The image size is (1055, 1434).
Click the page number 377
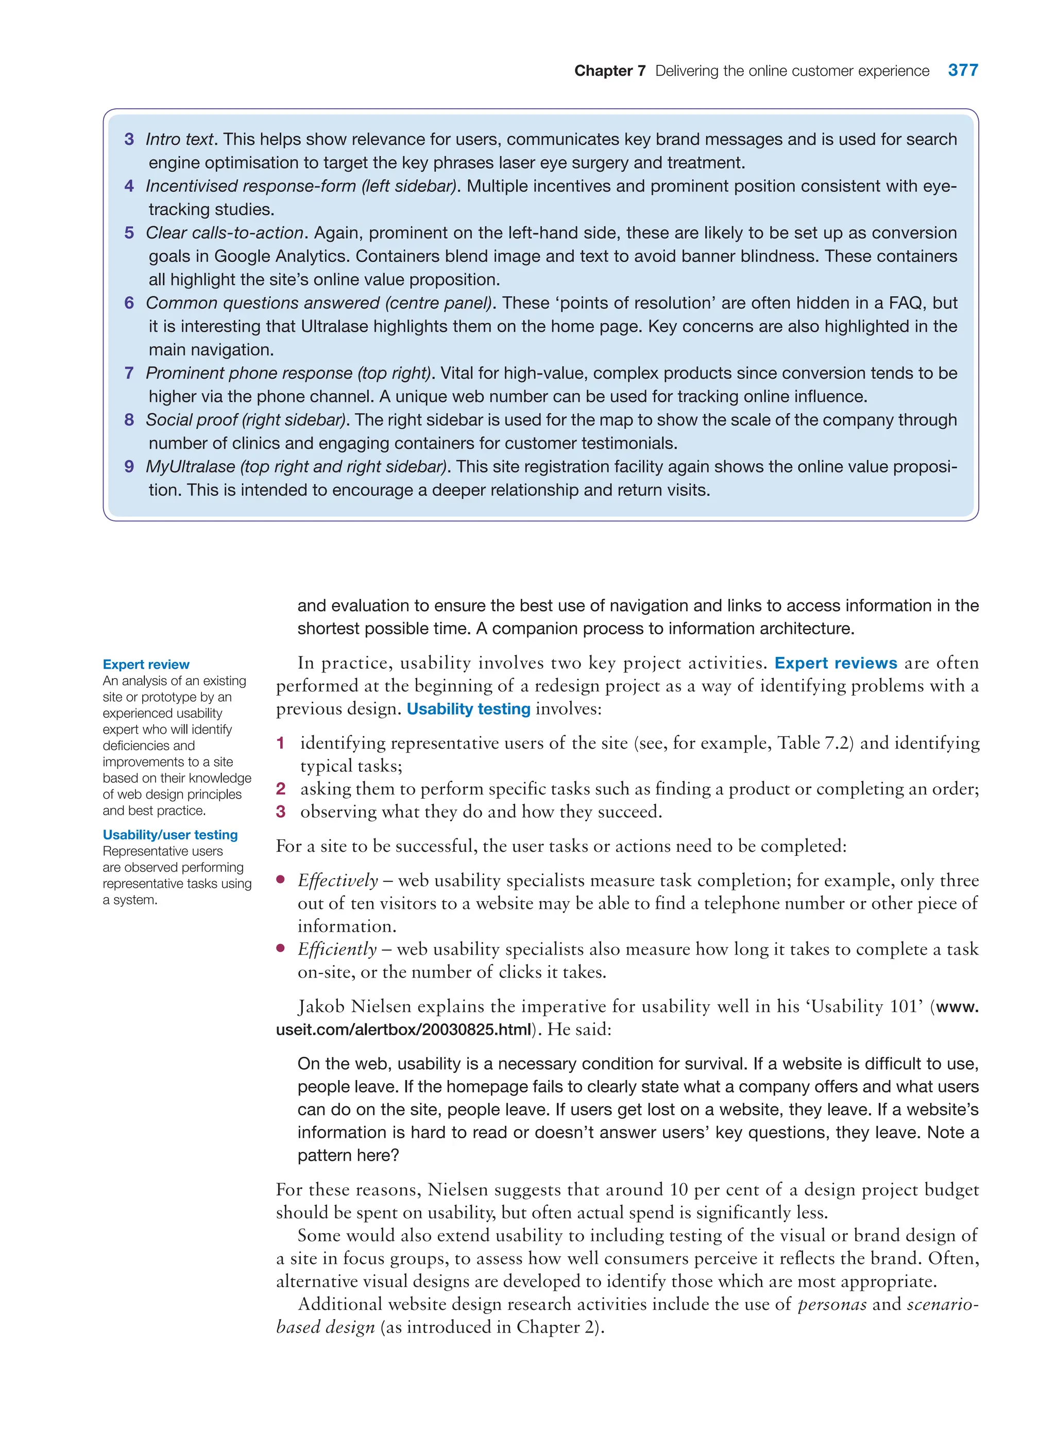[962, 70]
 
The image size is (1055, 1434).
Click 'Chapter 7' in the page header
[609, 71]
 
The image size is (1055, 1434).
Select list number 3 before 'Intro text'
[129, 139]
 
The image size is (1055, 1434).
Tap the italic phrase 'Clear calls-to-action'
[224, 233]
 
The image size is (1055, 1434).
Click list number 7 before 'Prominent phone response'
[129, 373]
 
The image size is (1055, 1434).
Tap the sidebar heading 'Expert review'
[146, 664]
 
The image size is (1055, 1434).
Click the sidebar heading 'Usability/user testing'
[170, 835]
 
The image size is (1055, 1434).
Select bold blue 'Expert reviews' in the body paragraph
[836, 663]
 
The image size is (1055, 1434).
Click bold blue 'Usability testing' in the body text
[468, 709]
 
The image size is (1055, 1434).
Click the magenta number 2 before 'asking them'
[280, 789]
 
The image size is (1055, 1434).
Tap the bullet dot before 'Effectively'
[280, 880]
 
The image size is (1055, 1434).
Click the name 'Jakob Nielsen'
[354, 1007]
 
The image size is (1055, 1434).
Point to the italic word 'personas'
[831, 1304]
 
